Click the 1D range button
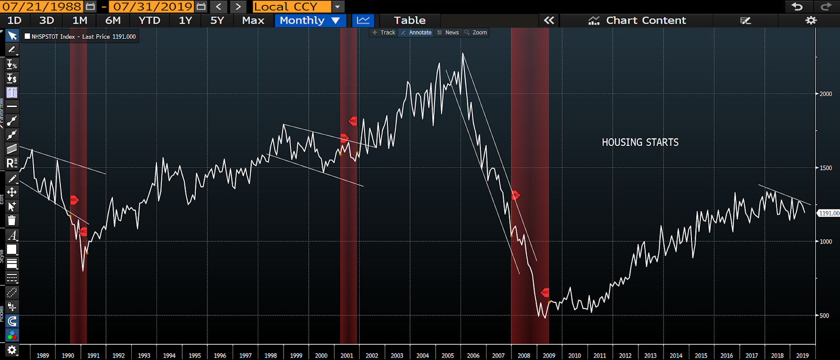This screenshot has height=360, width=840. [14, 20]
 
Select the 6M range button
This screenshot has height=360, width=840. [113, 20]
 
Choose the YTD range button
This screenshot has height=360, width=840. [149, 20]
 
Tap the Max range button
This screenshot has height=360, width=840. [253, 20]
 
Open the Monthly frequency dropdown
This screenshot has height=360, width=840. [310, 20]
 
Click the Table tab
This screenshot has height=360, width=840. [409, 20]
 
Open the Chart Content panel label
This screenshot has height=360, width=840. [645, 20]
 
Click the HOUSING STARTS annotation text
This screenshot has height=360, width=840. [640, 142]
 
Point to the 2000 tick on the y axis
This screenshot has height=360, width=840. [826, 94]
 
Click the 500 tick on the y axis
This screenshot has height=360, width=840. [824, 315]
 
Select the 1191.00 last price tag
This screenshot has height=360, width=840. [829, 213]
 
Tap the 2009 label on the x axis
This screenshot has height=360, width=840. [549, 355]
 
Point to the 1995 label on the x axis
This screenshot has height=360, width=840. [195, 355]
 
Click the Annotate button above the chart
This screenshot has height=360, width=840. [420, 33]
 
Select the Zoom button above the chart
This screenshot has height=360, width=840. [479, 33]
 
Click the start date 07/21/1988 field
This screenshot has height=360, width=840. [41, 7]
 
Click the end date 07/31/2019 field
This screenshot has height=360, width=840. [153, 7]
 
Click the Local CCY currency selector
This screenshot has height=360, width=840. [291, 7]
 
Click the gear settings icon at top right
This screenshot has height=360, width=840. [811, 20]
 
